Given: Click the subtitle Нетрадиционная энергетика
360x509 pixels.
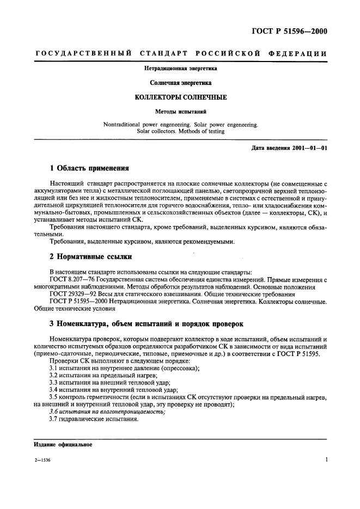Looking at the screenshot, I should point(180,69).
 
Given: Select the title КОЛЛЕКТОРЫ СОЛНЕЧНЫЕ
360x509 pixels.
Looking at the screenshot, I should point(180,97).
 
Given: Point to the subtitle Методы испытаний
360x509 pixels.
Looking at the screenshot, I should point(180,111).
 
